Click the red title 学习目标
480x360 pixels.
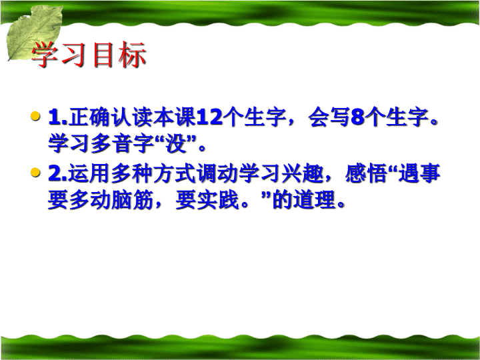pyautogui.click(x=89, y=55)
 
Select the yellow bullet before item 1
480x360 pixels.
pyautogui.click(x=35, y=116)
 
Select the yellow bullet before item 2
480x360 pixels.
pyautogui.click(x=35, y=173)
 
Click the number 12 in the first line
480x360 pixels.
pyautogui.click(x=209, y=117)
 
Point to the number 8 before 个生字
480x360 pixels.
pyautogui.click(x=357, y=117)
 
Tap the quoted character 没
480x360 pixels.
pyautogui.click(x=176, y=143)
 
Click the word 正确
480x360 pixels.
pyautogui.click(x=89, y=117)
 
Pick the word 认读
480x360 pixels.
pyautogui.click(x=132, y=117)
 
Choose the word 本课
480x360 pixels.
pyautogui.click(x=175, y=117)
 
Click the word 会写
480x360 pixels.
pyautogui.click(x=329, y=117)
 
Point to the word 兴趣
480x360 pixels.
pyautogui.click(x=303, y=173)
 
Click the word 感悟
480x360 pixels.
pyautogui.click(x=366, y=173)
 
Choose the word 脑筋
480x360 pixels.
pyautogui.click(x=132, y=200)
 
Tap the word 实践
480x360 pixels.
pyautogui.click(x=217, y=200)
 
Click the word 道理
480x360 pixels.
pyautogui.click(x=314, y=200)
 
